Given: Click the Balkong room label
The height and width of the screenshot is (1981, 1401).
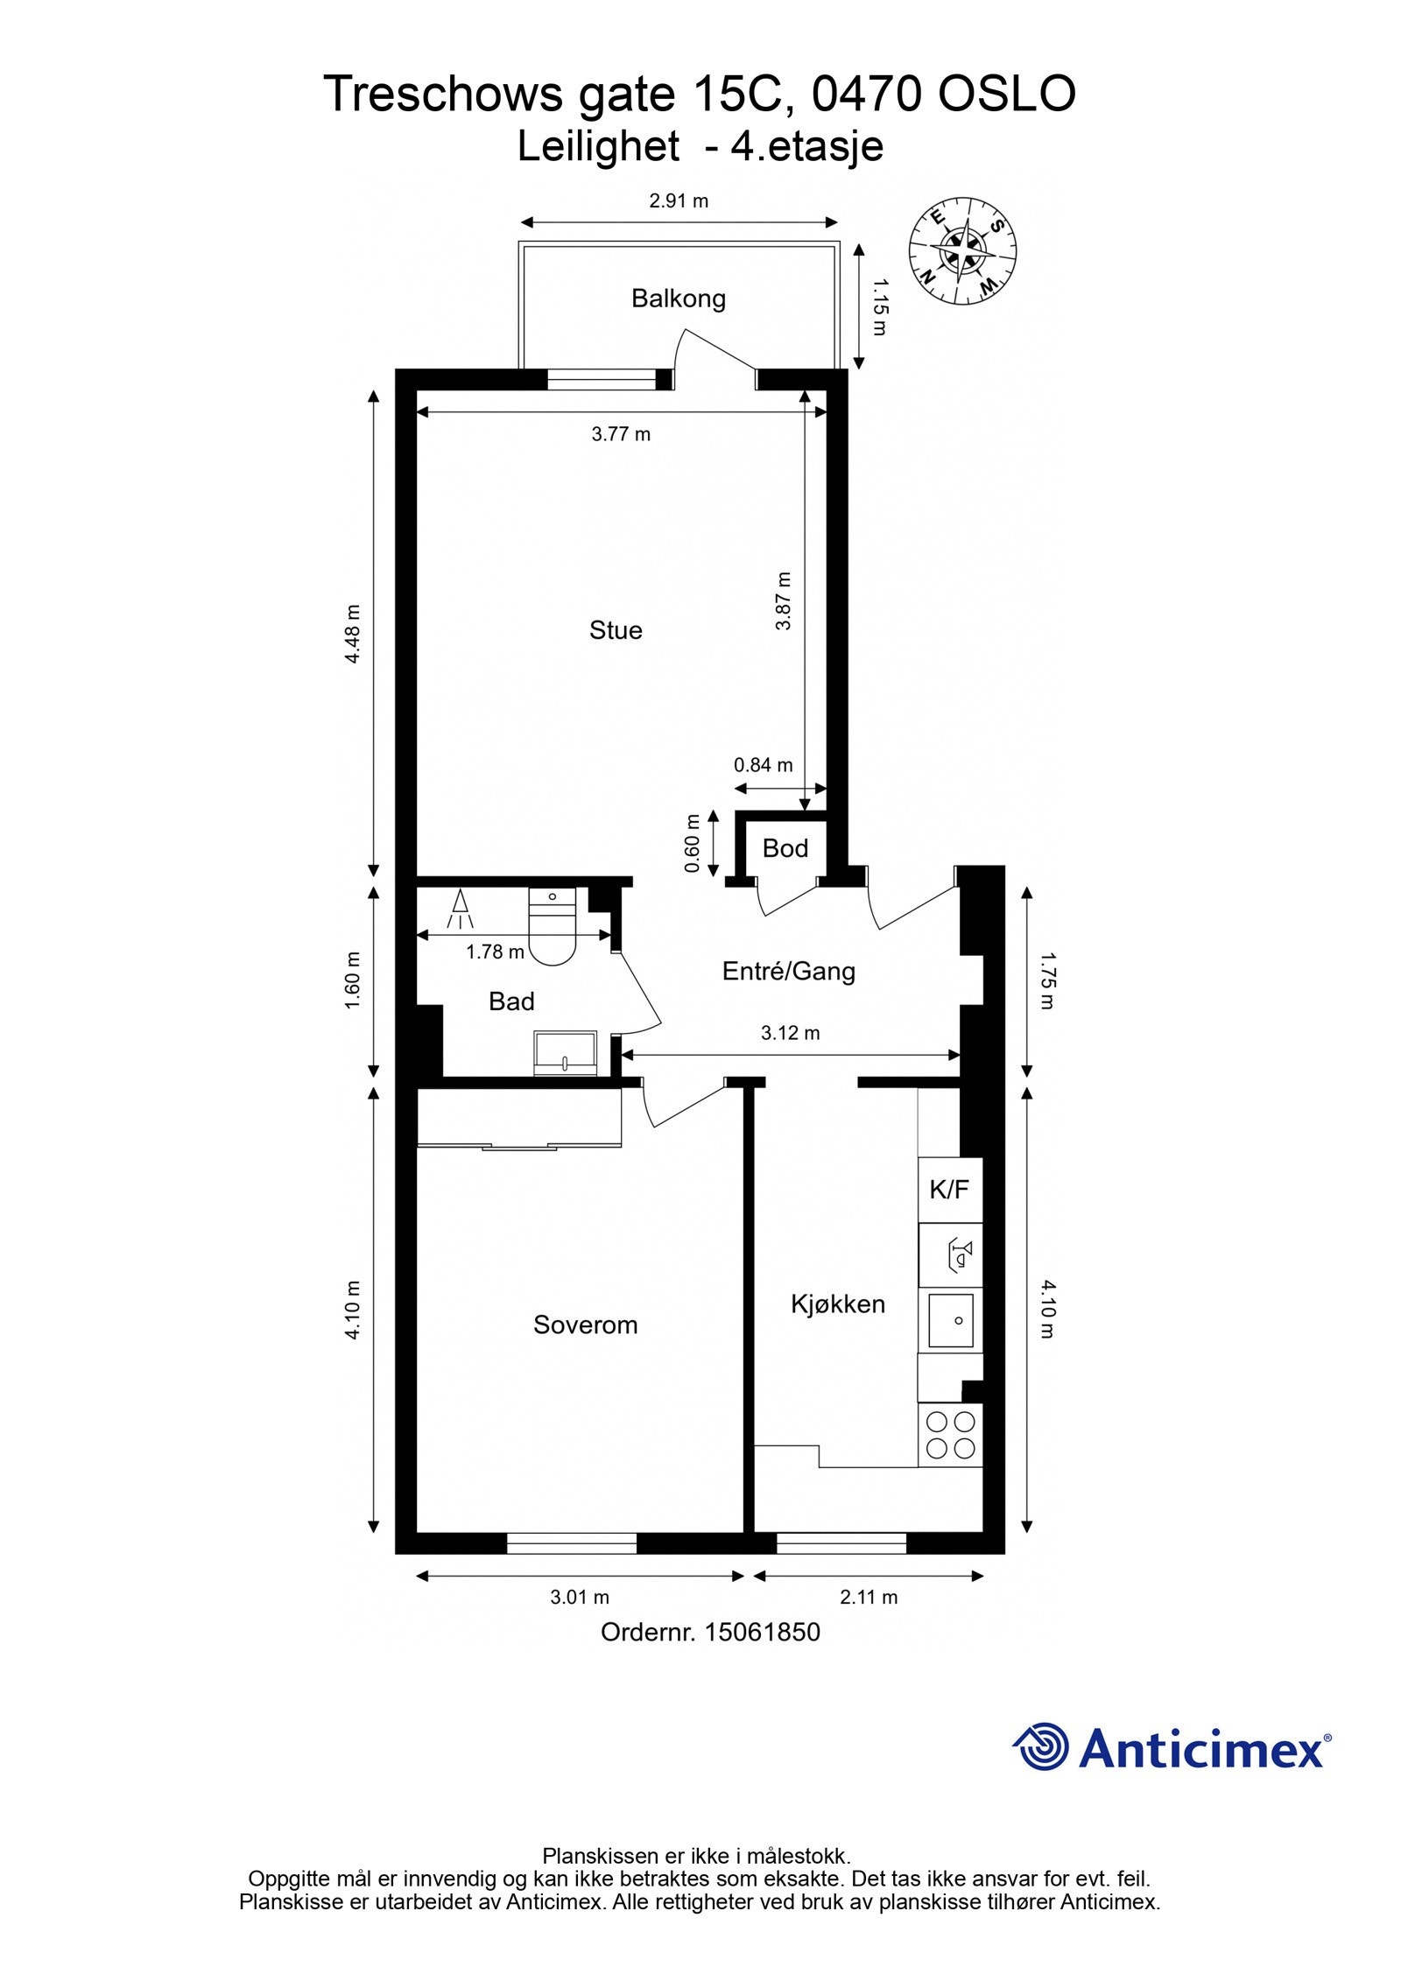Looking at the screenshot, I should tap(678, 299).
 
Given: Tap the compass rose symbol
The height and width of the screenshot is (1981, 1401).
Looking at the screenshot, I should tap(961, 251).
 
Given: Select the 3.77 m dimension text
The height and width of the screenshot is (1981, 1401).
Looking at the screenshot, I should tap(621, 434).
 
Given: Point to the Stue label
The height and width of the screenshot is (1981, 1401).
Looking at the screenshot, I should tap(616, 630).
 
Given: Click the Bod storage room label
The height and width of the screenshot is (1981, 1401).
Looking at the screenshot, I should tap(785, 847).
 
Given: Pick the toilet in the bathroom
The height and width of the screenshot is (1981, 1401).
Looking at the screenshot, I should tap(553, 929).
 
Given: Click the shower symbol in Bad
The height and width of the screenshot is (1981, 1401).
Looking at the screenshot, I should tap(459, 910).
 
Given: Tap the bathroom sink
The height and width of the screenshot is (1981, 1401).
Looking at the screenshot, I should tap(566, 1052).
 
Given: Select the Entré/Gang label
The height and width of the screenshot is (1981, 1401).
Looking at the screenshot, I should tap(788, 971).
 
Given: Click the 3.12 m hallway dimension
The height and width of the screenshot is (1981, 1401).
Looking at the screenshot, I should tap(790, 1033).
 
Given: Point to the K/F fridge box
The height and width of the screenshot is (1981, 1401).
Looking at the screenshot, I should tap(949, 1190).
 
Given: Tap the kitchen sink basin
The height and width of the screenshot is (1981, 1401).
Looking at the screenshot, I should tap(950, 1321).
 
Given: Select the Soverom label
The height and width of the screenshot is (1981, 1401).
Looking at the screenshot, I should tap(585, 1325).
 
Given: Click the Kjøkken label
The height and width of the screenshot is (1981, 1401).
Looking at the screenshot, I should tap(837, 1304).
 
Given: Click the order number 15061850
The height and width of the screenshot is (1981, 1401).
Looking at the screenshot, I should tap(762, 1633).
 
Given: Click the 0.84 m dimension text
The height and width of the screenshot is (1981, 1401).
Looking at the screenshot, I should tap(763, 765).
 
